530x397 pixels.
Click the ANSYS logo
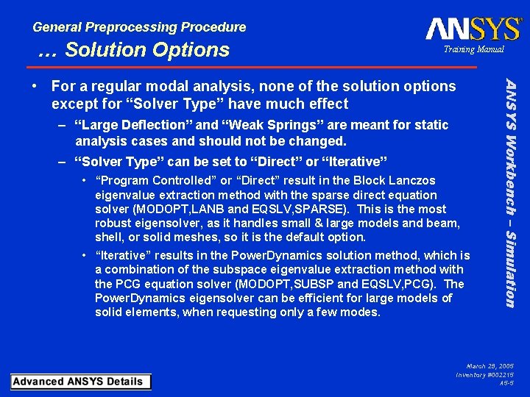[473, 29]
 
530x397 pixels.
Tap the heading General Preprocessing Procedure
[139, 27]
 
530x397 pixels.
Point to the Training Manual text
[473, 49]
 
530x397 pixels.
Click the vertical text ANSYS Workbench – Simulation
[510, 190]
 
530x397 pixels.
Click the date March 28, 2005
[490, 365]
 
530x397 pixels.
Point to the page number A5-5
[506, 383]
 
